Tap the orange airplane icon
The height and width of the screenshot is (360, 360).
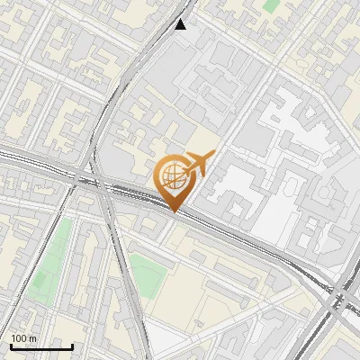(x=197, y=165)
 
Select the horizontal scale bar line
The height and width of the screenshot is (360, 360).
(x=41, y=346)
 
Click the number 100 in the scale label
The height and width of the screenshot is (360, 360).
(x=19, y=338)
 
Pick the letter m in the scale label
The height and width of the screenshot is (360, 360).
(x=33, y=339)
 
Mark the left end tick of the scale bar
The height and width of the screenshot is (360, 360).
(x=11, y=345)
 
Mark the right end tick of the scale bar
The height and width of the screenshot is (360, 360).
(x=72, y=345)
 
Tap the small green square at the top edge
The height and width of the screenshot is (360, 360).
(x=271, y=4)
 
